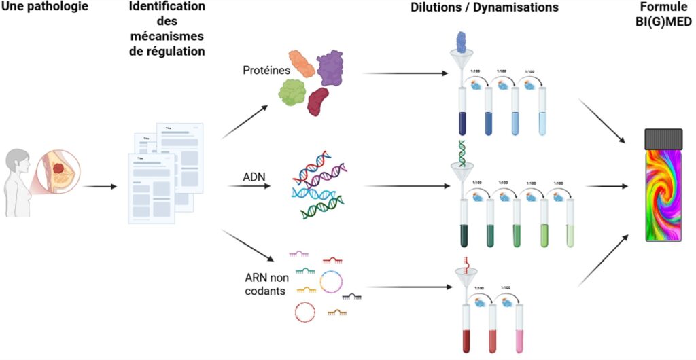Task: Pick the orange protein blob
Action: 302,63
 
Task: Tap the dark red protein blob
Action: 318,101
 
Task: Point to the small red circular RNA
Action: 304,312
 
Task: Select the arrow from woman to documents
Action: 101,185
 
